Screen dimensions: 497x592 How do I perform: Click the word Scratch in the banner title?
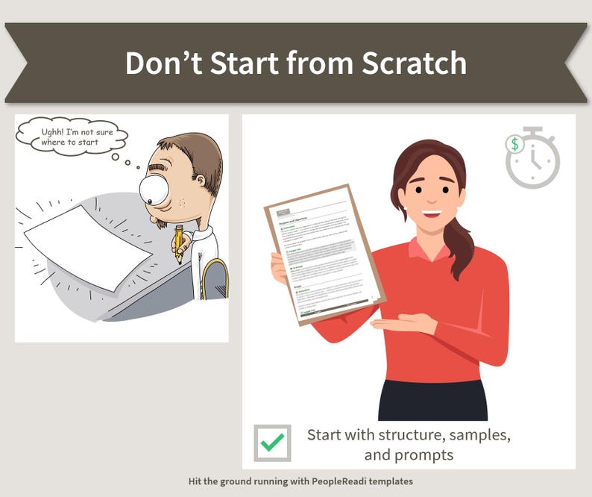pos(415,63)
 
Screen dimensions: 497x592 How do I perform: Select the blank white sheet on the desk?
pos(88,247)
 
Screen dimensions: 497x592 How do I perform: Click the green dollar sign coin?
pos(514,143)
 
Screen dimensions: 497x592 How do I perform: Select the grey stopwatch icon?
pos(534,160)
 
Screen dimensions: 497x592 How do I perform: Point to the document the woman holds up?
pos(324,254)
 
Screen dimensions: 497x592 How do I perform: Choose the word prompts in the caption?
pos(426,454)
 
